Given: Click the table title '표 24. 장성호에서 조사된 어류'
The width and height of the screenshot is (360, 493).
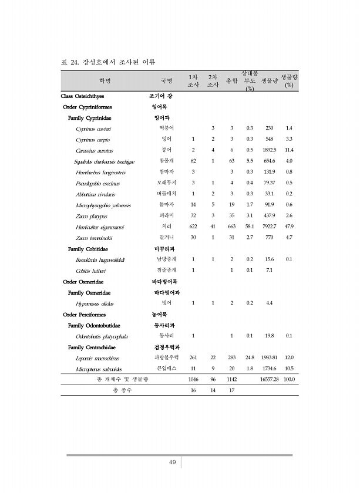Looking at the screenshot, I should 112,61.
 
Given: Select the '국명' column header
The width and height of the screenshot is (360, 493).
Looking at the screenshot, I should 166,80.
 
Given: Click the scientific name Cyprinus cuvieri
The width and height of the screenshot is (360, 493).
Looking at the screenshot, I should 94,128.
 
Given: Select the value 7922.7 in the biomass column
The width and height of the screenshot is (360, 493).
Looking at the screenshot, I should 270,227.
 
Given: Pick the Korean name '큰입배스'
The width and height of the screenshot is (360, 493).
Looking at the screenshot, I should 166,369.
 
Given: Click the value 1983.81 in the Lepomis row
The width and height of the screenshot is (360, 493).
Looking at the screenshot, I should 269,358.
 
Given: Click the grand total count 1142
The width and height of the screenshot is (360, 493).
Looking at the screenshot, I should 231,380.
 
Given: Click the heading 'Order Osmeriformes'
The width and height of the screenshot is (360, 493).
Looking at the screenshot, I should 88,282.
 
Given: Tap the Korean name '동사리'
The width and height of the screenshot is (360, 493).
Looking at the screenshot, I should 166,336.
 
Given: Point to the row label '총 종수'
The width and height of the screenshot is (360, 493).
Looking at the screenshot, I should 123,391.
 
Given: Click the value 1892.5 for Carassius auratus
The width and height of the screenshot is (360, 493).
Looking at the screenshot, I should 270,150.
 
